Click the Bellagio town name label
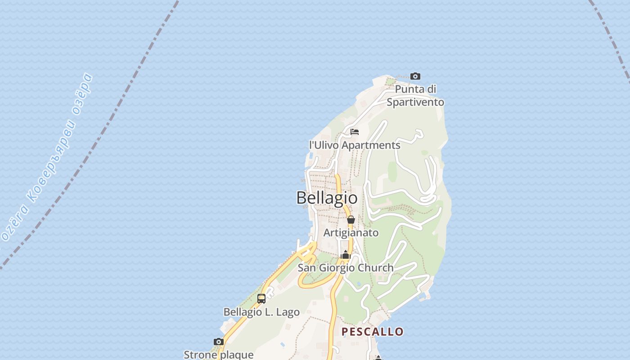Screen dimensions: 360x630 tap(327, 198)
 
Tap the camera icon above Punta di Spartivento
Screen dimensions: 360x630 tap(415, 76)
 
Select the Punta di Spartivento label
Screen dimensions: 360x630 tap(415, 96)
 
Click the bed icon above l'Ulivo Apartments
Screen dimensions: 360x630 tap(355, 132)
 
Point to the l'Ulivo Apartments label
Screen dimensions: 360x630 tap(355, 145)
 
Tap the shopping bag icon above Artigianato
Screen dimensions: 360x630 tap(351, 220)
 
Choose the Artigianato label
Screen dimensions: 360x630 tap(351, 233)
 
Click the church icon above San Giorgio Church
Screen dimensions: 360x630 tap(346, 255)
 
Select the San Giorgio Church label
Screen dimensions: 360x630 tap(346, 268)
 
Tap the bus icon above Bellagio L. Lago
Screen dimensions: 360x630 tap(261, 299)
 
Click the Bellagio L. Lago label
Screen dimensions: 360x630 tap(261, 312)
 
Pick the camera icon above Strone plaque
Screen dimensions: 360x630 tap(219, 342)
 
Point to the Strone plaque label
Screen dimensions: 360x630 tap(219, 355)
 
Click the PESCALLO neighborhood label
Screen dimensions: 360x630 tap(373, 332)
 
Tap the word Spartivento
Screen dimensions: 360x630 tap(415, 102)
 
